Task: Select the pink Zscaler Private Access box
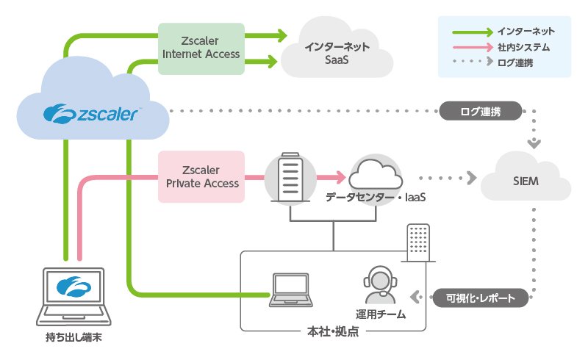[x=201, y=177]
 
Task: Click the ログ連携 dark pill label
[x=481, y=112]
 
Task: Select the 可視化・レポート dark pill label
[x=481, y=298]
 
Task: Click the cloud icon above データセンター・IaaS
[x=375, y=177]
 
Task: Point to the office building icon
[x=419, y=243]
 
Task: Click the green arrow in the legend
[x=470, y=32]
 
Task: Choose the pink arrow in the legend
[x=470, y=47]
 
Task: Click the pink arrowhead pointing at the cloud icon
[x=340, y=177]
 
